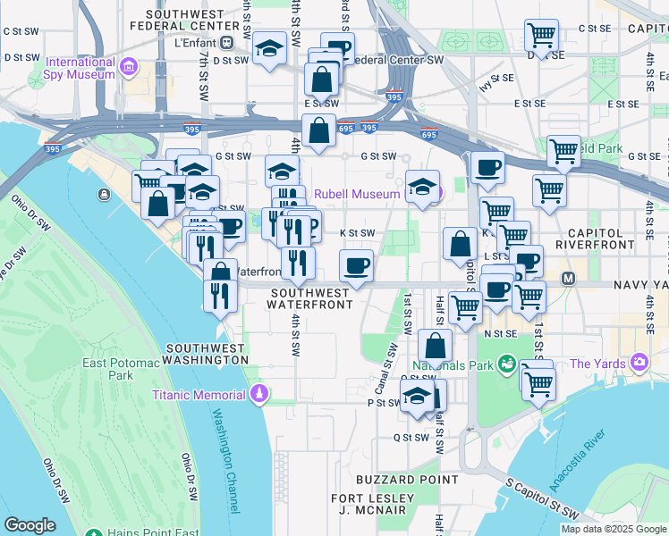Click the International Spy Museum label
pos(80,68)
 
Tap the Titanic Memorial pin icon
pos(259,393)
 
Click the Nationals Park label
pos(453,365)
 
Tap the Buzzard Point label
pos(394,480)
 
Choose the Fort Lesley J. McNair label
pos(375,504)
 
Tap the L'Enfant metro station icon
pos(227,41)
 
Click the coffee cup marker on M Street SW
pos(356,265)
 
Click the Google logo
pos(30,525)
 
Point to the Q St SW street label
pos(411,438)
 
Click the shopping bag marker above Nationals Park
pos(435,346)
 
